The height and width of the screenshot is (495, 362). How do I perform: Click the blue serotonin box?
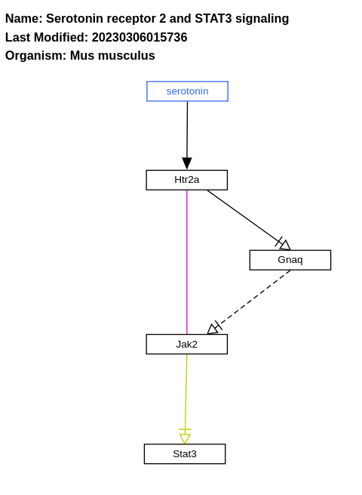tap(187, 91)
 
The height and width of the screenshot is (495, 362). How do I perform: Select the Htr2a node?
tap(186, 180)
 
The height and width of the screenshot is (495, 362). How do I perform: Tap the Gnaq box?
tap(290, 260)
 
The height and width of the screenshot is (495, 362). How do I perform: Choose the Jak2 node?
tap(186, 344)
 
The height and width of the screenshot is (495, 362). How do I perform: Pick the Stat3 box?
tap(184, 454)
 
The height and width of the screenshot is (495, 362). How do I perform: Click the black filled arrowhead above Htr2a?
tap(187, 163)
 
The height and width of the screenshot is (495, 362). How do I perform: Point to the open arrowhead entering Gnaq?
tap(284, 245)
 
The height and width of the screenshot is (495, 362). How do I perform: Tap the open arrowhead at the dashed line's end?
tap(213, 329)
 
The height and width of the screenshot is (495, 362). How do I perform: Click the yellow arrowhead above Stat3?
tap(185, 438)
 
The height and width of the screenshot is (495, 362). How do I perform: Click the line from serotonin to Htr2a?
tap(187, 128)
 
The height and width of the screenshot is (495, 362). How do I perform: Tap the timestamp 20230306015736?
tap(140, 37)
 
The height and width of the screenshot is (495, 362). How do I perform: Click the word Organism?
tap(35, 55)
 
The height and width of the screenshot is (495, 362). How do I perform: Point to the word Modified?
tap(61, 37)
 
